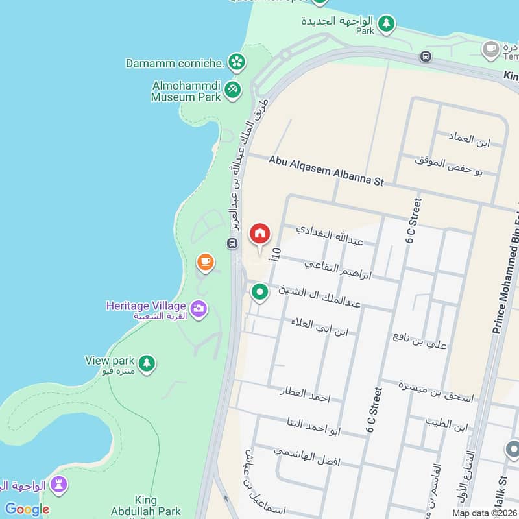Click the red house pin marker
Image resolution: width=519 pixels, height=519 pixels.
[x=260, y=234]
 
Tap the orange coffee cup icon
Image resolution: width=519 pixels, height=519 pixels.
[x=205, y=263]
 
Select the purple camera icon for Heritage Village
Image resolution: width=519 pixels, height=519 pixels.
[x=199, y=308]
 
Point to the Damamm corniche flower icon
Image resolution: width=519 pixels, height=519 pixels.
[x=237, y=62]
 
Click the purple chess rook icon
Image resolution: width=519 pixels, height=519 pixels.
[x=59, y=485]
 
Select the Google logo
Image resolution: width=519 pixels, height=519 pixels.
[x=27, y=509]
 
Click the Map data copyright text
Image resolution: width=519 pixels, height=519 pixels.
[x=485, y=513]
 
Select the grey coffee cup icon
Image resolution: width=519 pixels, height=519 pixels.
[x=490, y=49]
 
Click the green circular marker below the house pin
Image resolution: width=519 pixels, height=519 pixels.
[x=260, y=293]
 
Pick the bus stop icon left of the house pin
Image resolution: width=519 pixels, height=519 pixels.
[x=232, y=243]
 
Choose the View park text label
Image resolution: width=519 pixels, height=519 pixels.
[x=110, y=361]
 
